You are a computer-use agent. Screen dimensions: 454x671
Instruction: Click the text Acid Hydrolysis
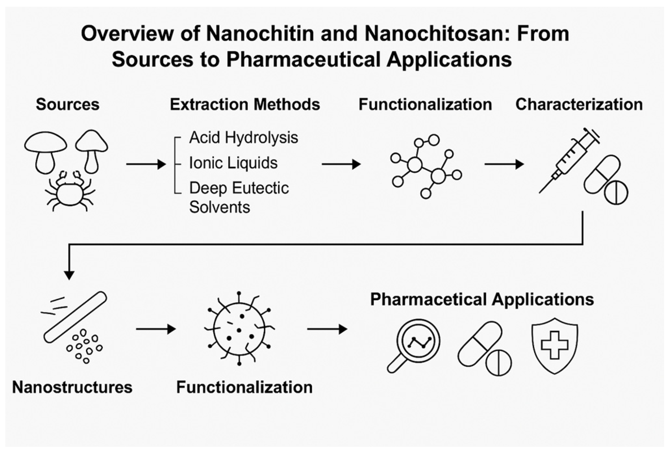pos(243,137)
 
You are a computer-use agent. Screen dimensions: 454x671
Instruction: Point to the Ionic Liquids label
pos(233,163)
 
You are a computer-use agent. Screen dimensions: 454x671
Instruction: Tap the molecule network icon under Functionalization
pos(426,166)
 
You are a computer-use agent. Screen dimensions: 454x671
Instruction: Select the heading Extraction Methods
pos(245,104)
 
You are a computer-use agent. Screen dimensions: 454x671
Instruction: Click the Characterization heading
pos(579,104)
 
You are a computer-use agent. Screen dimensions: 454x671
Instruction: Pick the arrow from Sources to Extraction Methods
pos(146,164)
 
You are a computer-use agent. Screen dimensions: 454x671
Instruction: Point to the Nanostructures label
pos(72,387)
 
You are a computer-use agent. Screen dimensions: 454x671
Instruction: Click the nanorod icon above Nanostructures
pos(75,317)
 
